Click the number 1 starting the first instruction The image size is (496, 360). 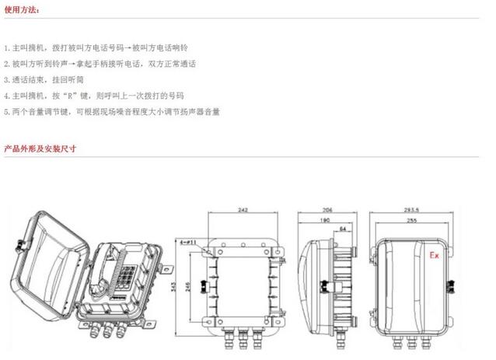(x=6, y=48)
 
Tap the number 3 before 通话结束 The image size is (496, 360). (x=6, y=80)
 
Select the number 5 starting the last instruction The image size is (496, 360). (x=6, y=111)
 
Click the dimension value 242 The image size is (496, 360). (x=243, y=210)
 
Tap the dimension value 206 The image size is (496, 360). (x=330, y=210)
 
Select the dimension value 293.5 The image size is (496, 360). (x=411, y=210)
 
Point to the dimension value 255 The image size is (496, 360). (x=410, y=221)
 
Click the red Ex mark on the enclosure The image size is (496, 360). (x=435, y=253)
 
